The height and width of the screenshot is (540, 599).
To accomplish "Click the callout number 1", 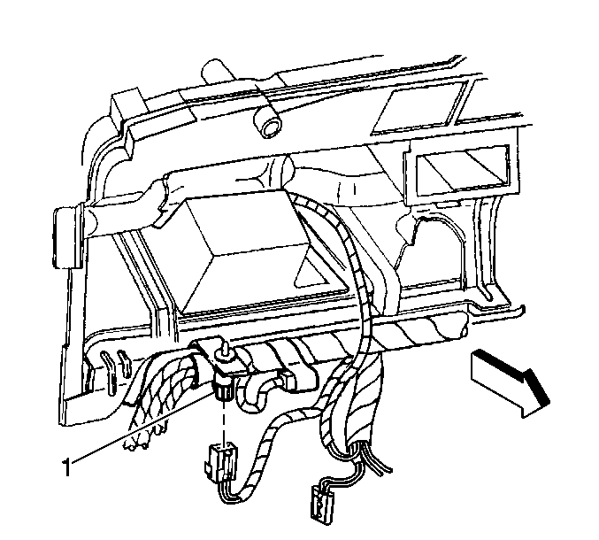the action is [67, 467].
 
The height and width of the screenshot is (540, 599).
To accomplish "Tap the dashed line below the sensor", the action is [222, 420].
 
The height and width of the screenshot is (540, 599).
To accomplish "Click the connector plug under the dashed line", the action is [220, 460].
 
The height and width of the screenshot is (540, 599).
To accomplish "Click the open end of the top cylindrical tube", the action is [270, 127].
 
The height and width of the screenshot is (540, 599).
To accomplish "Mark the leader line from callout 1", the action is [142, 428].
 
